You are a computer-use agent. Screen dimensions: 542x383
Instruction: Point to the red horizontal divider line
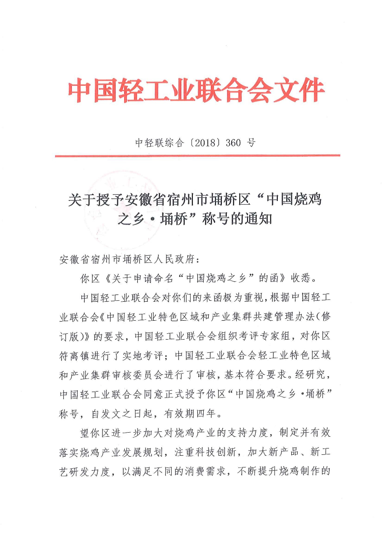click(x=197, y=156)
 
